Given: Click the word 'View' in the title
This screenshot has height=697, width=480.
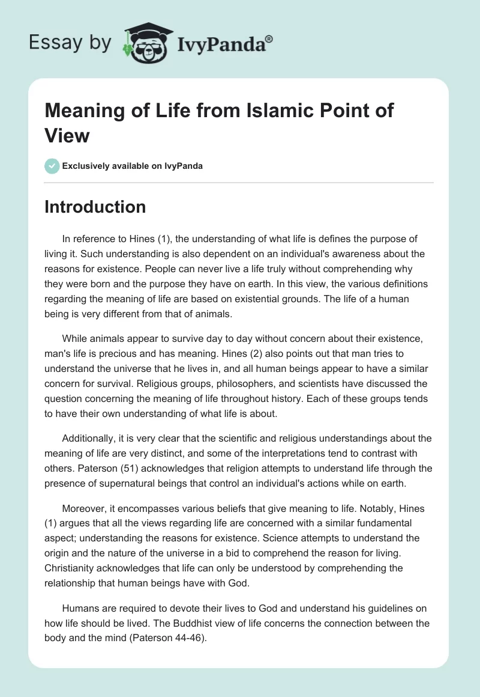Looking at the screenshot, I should coord(67,136).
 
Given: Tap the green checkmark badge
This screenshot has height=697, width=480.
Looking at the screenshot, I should coord(52,166).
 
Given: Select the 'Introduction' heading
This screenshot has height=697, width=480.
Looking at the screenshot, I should coord(95,207).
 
